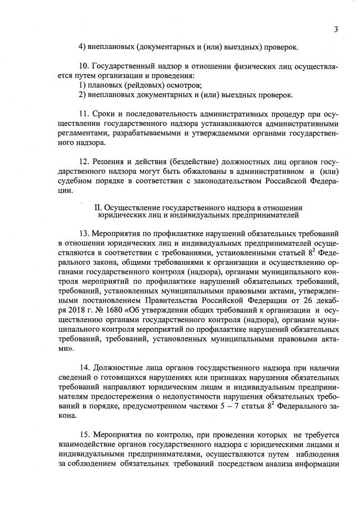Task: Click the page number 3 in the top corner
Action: [x=336, y=29]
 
